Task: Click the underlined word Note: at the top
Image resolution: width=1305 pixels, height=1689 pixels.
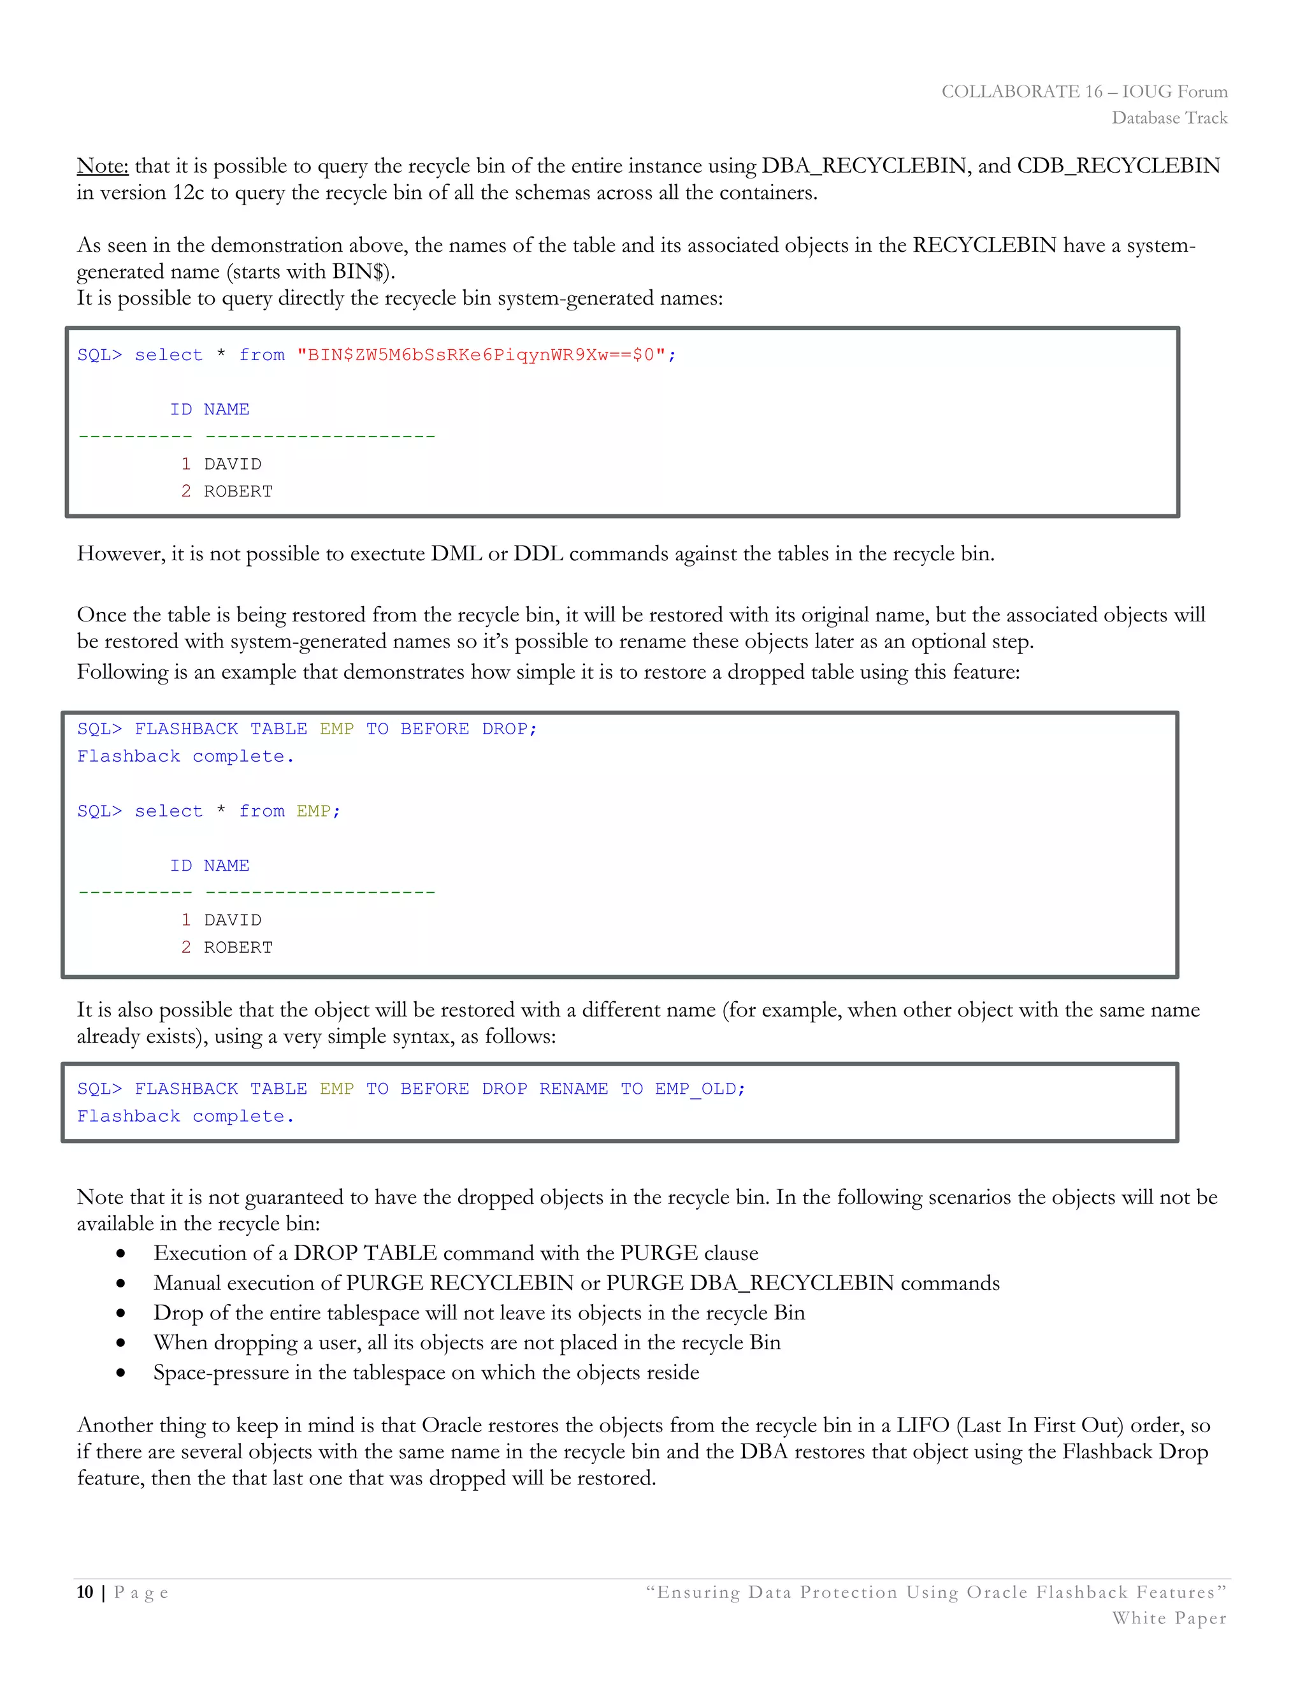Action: click(102, 166)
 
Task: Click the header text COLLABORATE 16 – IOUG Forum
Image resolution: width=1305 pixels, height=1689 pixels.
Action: click(1083, 92)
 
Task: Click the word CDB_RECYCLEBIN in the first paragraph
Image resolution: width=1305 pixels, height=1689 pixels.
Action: click(1118, 166)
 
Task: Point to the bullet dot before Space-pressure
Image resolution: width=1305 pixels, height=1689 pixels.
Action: click(120, 1374)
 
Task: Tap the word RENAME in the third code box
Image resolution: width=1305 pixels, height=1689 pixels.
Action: click(573, 1089)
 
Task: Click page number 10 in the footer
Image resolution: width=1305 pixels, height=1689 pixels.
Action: click(85, 1592)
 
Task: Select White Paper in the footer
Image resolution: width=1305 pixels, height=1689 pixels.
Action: click(1168, 1619)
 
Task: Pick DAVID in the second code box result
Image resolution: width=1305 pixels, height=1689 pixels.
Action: click(233, 920)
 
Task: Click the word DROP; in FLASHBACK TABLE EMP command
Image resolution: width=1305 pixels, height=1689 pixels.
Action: click(508, 729)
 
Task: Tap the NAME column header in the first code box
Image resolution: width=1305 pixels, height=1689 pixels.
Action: click(226, 410)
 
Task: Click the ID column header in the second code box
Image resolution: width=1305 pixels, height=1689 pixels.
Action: click(181, 866)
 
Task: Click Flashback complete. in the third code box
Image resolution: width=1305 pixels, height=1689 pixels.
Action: click(185, 1117)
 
